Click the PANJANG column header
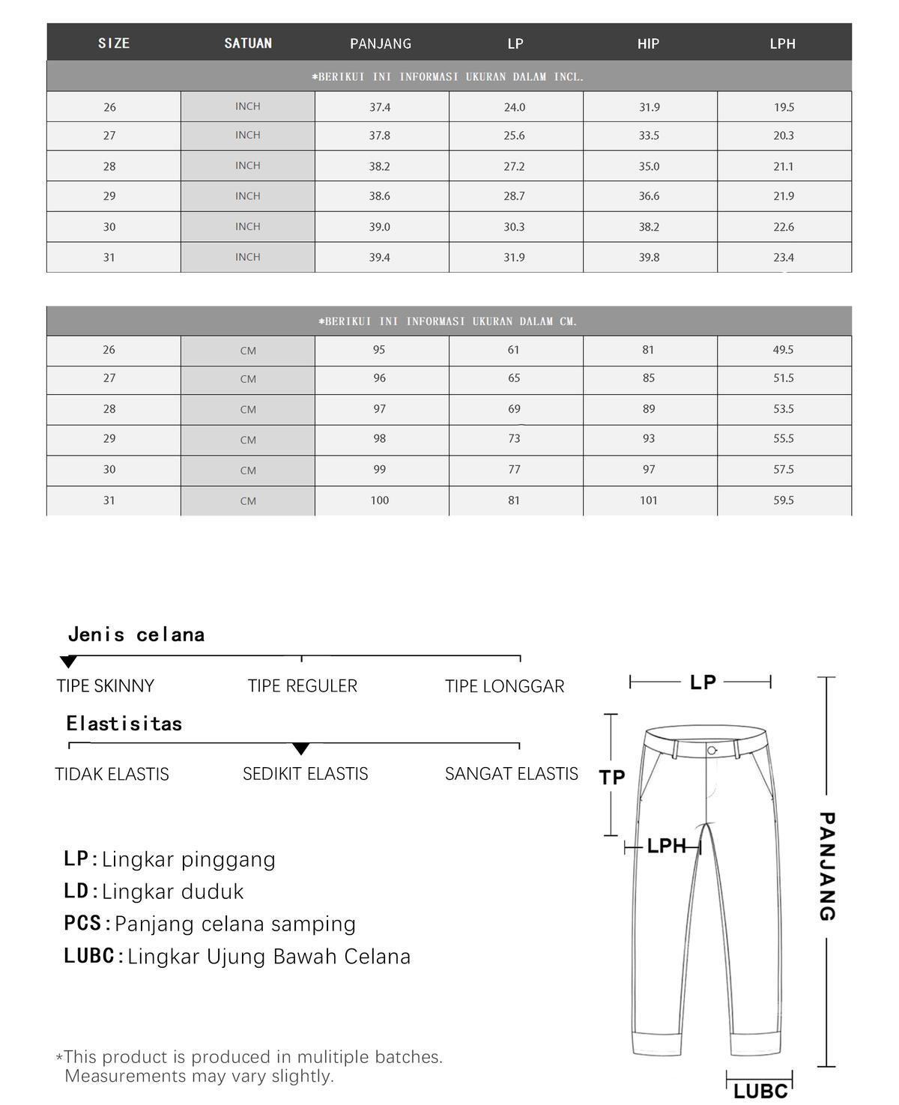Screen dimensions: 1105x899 pyautogui.click(x=381, y=43)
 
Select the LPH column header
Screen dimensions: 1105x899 pyautogui.click(x=782, y=43)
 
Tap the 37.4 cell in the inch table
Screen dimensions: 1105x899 pyautogui.click(x=380, y=107)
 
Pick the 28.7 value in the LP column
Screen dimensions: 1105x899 pyautogui.click(x=514, y=196)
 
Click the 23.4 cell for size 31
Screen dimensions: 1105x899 pyautogui.click(x=784, y=258)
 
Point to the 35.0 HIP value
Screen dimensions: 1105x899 pyautogui.click(x=649, y=166)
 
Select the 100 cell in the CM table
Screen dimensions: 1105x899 pyautogui.click(x=380, y=500)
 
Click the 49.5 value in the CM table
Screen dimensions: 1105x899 pyautogui.click(x=784, y=350)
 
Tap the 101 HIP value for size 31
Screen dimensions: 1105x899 pyautogui.click(x=649, y=500)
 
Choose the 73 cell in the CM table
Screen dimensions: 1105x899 pyautogui.click(x=514, y=439)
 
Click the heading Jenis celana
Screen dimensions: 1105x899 pyautogui.click(x=136, y=635)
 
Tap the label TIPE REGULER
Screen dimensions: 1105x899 pyautogui.click(x=303, y=685)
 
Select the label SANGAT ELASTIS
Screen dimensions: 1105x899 pyautogui.click(x=512, y=774)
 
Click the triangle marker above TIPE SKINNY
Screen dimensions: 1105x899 pyautogui.click(x=68, y=662)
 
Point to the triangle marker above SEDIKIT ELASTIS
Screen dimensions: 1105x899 pyautogui.click(x=300, y=748)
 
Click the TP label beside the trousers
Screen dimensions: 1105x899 pyautogui.click(x=612, y=778)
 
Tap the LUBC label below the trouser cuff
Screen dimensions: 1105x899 pyautogui.click(x=760, y=1091)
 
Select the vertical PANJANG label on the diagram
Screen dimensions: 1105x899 pyautogui.click(x=826, y=866)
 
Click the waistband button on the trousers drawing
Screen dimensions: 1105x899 pyautogui.click(x=712, y=750)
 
